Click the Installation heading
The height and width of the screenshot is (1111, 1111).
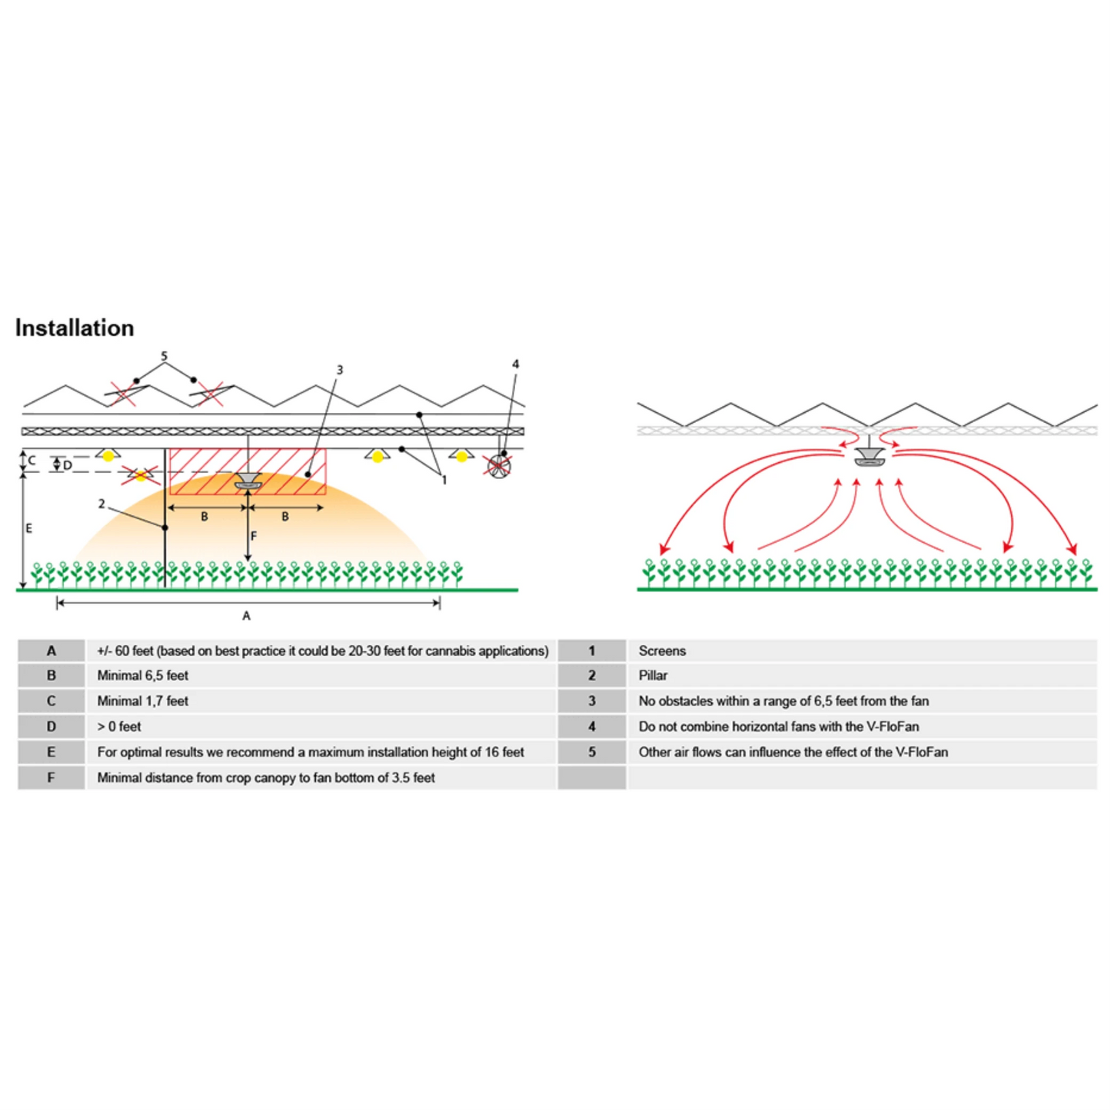tap(75, 328)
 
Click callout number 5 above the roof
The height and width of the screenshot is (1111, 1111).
tap(164, 356)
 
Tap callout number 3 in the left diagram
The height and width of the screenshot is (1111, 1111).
tap(340, 370)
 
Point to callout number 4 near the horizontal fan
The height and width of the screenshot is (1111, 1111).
tap(515, 364)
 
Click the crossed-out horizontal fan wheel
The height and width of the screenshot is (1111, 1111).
tap(500, 466)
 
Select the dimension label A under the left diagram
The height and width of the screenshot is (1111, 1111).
tap(246, 616)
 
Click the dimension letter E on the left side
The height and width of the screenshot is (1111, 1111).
tap(29, 528)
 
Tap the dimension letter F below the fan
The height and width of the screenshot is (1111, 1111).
tap(254, 536)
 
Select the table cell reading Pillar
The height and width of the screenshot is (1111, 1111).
tap(653, 675)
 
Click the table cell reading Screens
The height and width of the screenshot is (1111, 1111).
tap(662, 650)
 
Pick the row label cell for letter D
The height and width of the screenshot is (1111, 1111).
tap(52, 727)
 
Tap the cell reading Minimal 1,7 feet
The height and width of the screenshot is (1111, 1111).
tap(142, 701)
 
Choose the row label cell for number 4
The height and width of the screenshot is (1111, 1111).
tap(592, 727)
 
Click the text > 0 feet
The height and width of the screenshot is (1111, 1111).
tap(119, 727)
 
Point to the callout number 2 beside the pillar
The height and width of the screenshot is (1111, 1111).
tap(101, 504)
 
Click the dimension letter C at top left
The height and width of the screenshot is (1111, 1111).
tap(32, 460)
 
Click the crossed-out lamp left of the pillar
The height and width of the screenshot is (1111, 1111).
tap(141, 476)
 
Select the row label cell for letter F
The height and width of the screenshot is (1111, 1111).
tap(52, 777)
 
